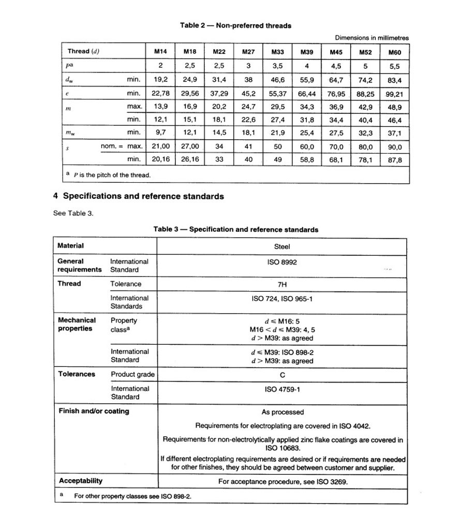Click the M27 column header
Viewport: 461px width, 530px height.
pos(248,52)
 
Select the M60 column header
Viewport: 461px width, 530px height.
pos(394,52)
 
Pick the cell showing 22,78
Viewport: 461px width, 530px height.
pos(160,94)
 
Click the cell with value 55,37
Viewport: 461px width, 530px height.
pos(277,94)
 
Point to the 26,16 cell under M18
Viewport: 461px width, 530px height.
pos(190,159)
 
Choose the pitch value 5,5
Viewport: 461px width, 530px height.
pos(394,66)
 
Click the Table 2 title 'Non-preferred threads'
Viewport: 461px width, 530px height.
pos(235,25)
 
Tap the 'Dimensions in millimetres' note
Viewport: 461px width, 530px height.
pos(371,38)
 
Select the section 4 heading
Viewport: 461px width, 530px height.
pos(139,197)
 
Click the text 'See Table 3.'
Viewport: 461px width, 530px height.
pos(73,213)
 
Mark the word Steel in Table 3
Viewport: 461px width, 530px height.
pos(282,246)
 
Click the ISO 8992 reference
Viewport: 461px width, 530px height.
pos(282,262)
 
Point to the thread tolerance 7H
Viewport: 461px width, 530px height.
pos(282,284)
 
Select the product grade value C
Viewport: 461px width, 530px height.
pos(282,374)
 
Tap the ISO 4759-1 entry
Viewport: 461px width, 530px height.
pos(282,389)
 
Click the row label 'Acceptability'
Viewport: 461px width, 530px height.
pos(81,481)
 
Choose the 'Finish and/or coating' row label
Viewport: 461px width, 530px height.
pos(94,411)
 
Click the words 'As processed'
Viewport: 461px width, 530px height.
pos(282,413)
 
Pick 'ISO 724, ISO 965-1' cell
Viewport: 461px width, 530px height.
pos(282,299)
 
